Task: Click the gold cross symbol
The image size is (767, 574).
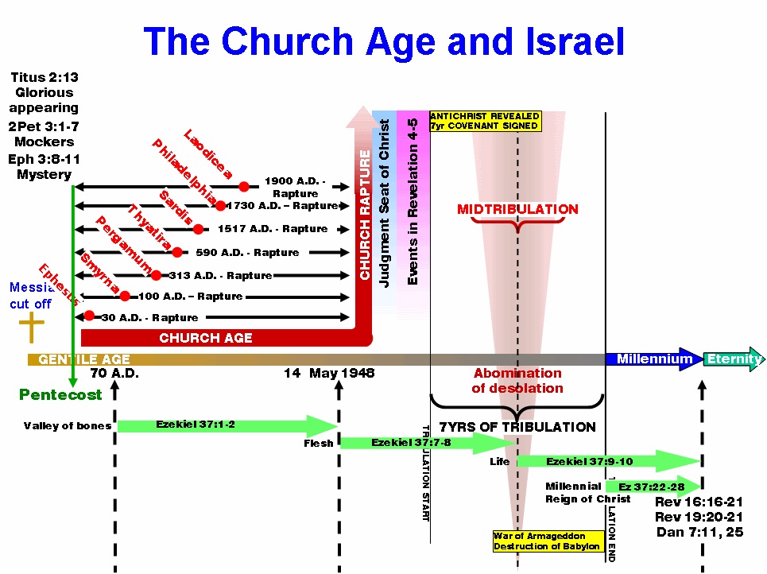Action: [31, 328]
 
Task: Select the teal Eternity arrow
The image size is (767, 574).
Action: [733, 359]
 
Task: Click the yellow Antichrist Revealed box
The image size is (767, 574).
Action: [485, 121]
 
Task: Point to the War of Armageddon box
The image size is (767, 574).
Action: [547, 541]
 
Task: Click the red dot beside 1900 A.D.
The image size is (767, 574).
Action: [244, 187]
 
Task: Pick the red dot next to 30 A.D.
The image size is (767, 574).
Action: [89, 316]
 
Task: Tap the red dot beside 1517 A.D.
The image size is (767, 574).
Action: [198, 229]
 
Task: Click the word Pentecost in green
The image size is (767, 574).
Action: [60, 394]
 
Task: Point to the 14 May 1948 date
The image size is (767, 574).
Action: [329, 374]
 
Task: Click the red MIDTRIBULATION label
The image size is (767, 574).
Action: [517, 210]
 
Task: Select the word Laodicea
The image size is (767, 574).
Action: [208, 153]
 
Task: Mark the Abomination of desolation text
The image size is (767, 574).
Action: [517, 381]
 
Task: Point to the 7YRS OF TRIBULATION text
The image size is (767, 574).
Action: [517, 427]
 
